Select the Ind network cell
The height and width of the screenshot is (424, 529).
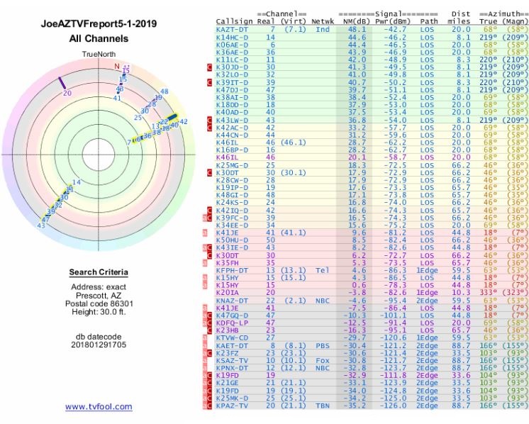323,30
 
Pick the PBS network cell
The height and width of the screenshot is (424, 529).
323,346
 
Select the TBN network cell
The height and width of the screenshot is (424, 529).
323,406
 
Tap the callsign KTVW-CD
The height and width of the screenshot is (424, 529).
232,337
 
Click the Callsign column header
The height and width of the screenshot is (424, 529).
233,22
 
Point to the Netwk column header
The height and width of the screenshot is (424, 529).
323,22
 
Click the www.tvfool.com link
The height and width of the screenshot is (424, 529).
99,406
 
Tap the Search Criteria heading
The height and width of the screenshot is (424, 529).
99,272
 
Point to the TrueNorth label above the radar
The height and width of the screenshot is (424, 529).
98,54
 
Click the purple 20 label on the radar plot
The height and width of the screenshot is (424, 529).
67,92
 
